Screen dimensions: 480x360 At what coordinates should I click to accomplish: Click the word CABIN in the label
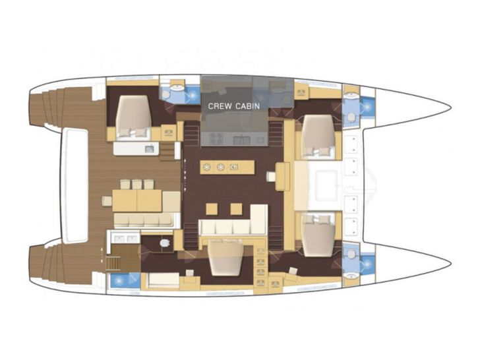[x=248, y=106]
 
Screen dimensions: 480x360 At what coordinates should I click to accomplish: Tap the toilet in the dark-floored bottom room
[x=164, y=243]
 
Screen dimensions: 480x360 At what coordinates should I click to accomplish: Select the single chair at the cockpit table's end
[x=107, y=200]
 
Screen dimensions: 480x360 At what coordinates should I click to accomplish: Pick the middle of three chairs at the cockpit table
[x=137, y=185]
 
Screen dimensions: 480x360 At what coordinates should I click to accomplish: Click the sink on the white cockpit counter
[x=149, y=149]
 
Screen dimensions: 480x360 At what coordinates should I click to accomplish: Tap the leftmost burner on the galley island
[x=207, y=167]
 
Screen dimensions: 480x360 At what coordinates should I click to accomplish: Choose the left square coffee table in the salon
[x=212, y=209]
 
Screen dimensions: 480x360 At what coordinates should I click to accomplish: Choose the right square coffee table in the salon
[x=236, y=209]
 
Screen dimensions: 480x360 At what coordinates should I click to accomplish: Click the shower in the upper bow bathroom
[x=367, y=107]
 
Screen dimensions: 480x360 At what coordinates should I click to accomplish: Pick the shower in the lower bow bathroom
[x=367, y=263]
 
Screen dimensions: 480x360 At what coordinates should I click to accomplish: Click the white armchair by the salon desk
[x=271, y=177]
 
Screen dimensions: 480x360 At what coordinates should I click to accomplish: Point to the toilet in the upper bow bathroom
[x=351, y=117]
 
